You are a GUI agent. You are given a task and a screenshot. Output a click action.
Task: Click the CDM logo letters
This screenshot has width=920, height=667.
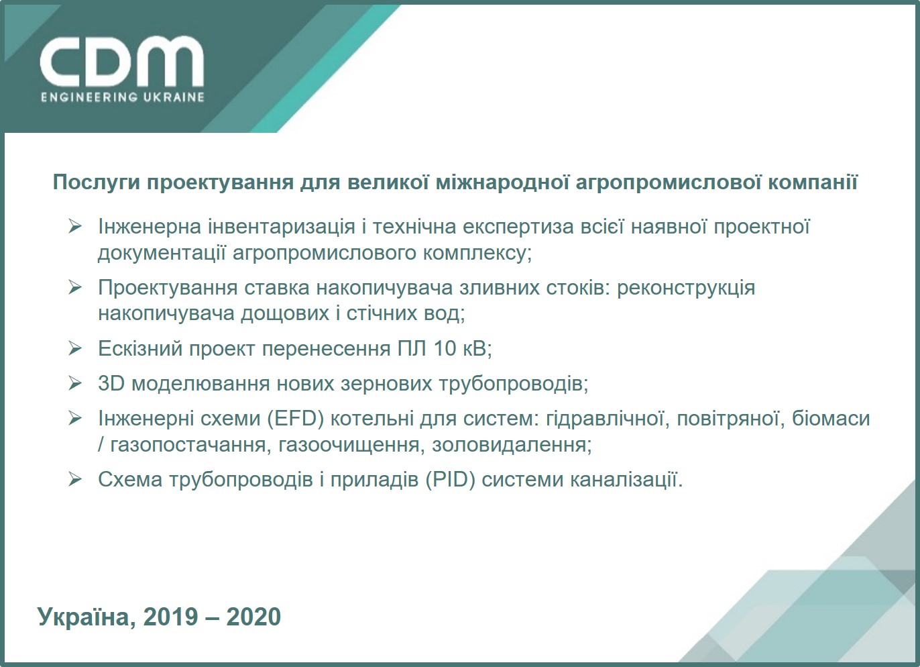[121, 61]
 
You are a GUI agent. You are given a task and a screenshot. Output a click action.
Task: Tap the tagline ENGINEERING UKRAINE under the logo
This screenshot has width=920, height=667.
[122, 97]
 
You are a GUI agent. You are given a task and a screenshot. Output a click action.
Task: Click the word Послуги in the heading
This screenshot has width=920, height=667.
[97, 183]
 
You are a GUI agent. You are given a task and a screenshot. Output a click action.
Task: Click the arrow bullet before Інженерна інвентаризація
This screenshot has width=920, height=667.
[75, 227]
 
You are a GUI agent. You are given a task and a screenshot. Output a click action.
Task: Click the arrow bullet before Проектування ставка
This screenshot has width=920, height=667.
[75, 288]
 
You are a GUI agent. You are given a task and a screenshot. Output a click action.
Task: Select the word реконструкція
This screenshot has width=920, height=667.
[686, 288]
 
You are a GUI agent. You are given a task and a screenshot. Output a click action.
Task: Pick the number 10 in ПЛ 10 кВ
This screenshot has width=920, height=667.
[445, 349]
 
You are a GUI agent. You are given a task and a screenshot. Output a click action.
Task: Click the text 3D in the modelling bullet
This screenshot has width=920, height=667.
[111, 384]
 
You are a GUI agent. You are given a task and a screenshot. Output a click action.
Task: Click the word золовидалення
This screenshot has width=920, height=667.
[512, 444]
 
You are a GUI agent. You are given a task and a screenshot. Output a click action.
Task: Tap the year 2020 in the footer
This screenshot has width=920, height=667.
[253, 617]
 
